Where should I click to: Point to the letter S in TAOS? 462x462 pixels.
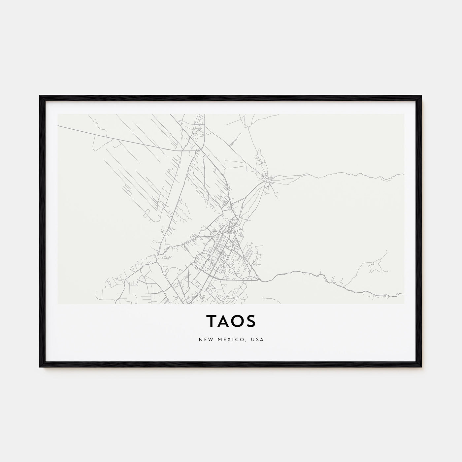252,321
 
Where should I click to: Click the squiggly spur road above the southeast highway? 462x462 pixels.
376,264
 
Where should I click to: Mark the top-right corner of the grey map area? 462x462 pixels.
404,115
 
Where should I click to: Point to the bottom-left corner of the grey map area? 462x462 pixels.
58,303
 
